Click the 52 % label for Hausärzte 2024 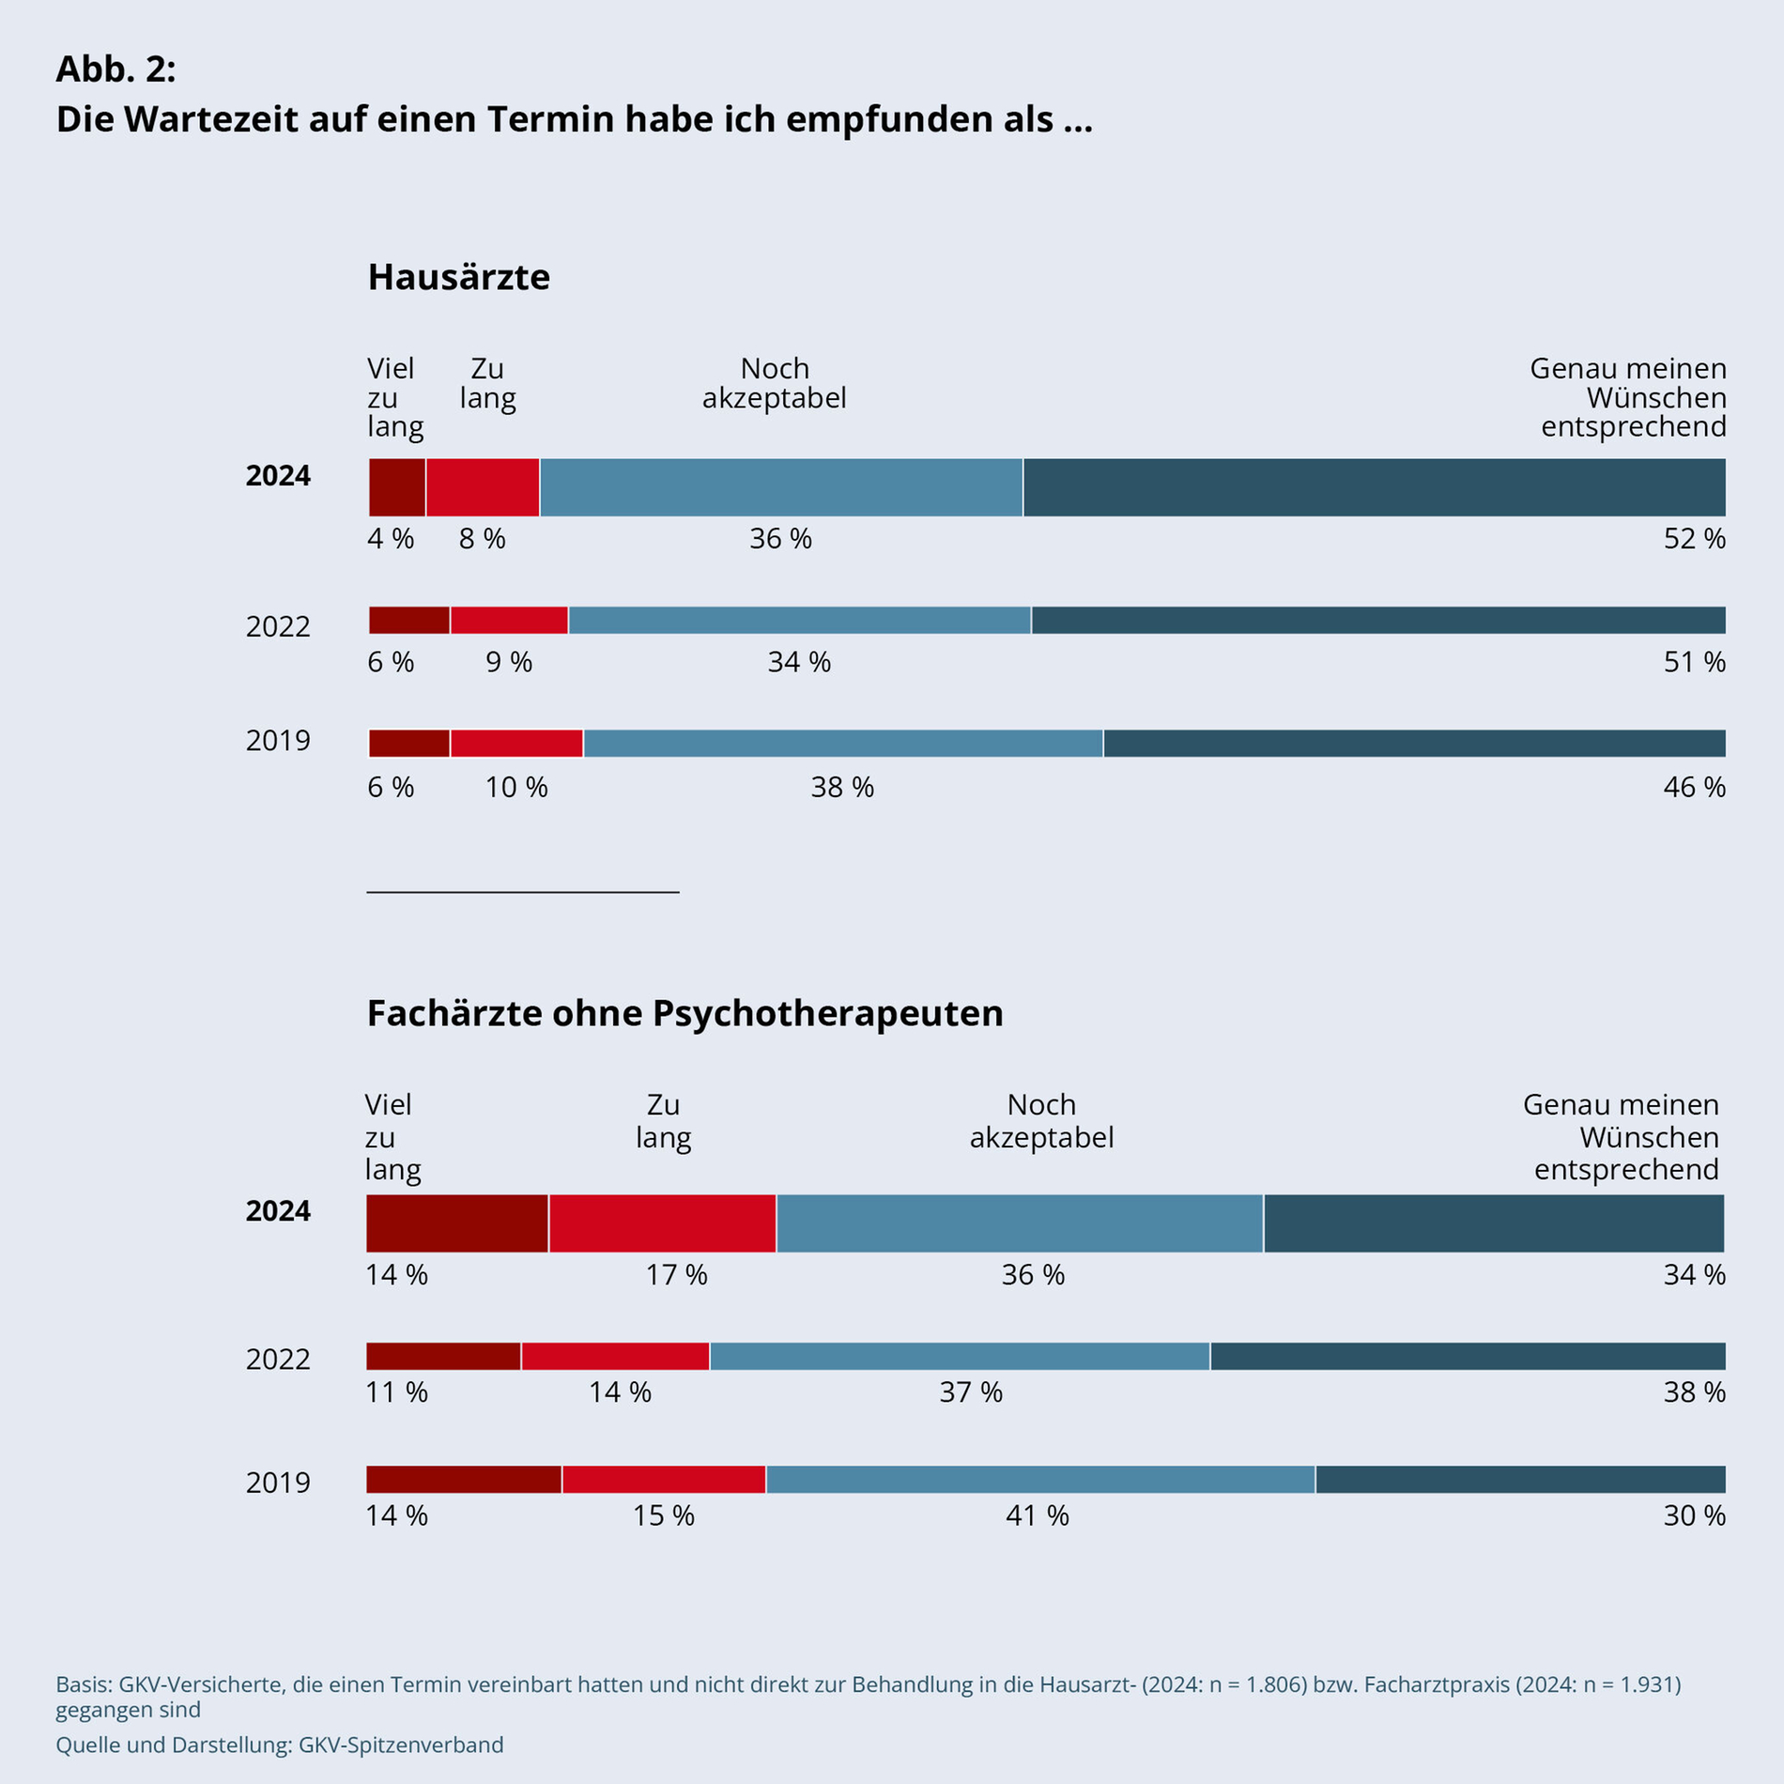coord(1694,539)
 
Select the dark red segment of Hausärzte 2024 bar coord(397,487)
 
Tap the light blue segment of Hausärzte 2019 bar coord(842,744)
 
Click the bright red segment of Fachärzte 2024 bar coord(662,1223)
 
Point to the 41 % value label coord(1037,1515)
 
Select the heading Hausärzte coord(458,278)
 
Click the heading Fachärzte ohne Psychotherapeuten coord(684,1014)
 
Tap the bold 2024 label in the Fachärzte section coord(278,1211)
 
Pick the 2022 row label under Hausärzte coord(278,626)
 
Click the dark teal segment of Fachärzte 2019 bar coord(1519,1480)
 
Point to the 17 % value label coord(676,1275)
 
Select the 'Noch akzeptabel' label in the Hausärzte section coord(774,383)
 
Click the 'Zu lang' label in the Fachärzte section coord(663,1121)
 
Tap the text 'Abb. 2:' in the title coord(115,69)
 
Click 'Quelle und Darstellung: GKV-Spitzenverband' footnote coord(280,1745)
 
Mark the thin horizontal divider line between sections coord(522,892)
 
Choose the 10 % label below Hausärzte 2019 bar coord(515,787)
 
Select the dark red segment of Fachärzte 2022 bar coord(443,1356)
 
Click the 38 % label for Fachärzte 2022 coord(1694,1392)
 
